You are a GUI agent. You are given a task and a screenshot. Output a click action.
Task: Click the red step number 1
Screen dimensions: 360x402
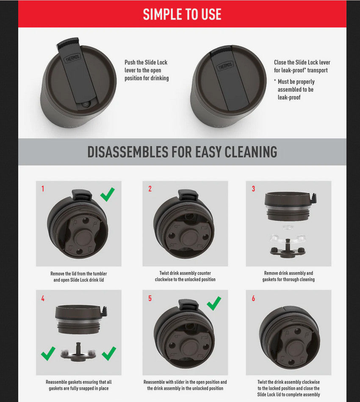(43, 189)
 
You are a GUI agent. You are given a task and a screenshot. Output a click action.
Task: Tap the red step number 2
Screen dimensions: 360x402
(150, 189)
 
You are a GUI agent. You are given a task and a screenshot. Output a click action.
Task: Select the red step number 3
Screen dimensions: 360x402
(253, 189)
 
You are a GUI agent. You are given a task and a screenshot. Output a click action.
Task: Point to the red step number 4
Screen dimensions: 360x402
(43, 298)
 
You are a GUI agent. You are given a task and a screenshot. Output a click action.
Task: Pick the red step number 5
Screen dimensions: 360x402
(150, 298)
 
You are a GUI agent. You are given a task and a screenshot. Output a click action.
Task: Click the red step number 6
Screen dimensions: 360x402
(253, 298)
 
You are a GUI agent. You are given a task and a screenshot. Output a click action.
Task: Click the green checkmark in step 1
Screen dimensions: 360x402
(108, 194)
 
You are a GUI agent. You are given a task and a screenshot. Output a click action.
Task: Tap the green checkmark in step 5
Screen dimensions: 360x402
(214, 303)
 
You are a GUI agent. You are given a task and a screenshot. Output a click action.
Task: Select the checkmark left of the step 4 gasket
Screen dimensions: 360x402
(48, 353)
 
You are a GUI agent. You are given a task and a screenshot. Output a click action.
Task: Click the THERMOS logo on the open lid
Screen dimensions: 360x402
(72, 58)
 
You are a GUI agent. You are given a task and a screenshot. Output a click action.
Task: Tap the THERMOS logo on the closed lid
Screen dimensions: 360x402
(225, 66)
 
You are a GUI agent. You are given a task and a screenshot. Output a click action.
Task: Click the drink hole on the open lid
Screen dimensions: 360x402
(86, 104)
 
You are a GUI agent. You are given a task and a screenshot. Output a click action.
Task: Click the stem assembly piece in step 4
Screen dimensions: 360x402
(78, 352)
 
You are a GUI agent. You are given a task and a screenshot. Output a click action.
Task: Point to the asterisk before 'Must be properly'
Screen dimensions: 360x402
(275, 81)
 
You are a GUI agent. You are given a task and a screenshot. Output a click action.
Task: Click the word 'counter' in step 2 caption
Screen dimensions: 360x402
(204, 273)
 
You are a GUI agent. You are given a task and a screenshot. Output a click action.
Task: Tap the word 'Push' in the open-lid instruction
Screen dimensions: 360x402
(130, 62)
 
